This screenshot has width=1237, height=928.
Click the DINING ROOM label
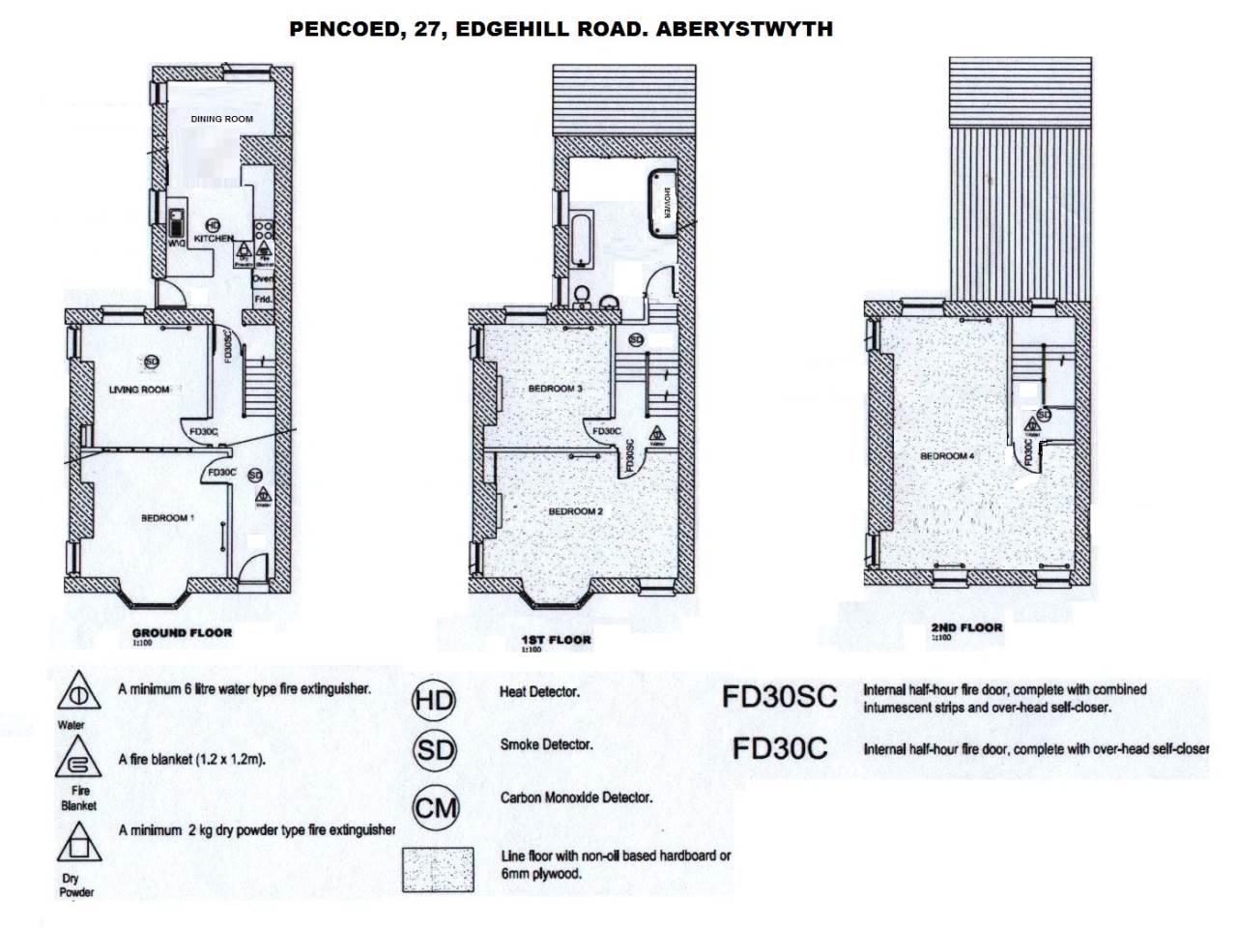tap(221, 119)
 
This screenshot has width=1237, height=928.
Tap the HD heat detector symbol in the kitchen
tap(214, 225)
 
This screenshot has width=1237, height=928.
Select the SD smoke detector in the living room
tap(151, 362)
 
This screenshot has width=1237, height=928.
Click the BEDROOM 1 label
tap(168, 518)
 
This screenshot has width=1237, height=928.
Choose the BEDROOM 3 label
tap(555, 389)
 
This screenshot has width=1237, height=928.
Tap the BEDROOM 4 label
tap(946, 455)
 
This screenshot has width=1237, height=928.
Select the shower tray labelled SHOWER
tap(662, 201)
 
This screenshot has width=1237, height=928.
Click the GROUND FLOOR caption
tap(182, 633)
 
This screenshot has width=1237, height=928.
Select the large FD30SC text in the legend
tap(780, 697)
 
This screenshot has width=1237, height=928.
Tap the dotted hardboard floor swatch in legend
tap(438, 868)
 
